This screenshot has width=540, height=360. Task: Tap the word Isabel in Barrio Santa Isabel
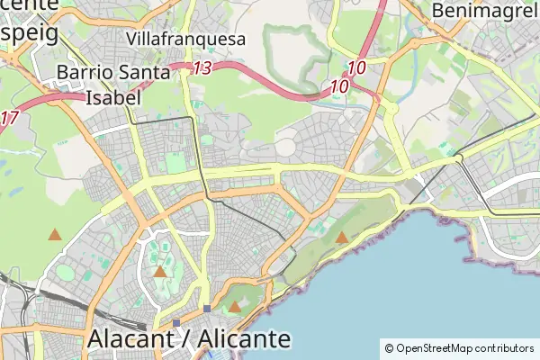(x=112, y=97)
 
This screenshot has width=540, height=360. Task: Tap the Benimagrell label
(x=485, y=10)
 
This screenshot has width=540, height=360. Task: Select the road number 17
(x=9, y=117)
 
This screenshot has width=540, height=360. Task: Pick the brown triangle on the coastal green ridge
(x=342, y=238)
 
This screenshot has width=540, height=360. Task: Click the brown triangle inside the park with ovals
(x=159, y=271)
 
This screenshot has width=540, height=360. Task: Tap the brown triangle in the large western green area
(x=55, y=235)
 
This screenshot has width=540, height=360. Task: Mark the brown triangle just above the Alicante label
(x=235, y=307)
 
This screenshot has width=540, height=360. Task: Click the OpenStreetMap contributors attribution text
(x=459, y=347)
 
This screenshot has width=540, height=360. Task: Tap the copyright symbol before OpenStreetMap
(x=389, y=347)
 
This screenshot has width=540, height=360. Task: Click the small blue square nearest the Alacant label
(x=176, y=322)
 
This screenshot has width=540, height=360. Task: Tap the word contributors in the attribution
(x=500, y=347)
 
